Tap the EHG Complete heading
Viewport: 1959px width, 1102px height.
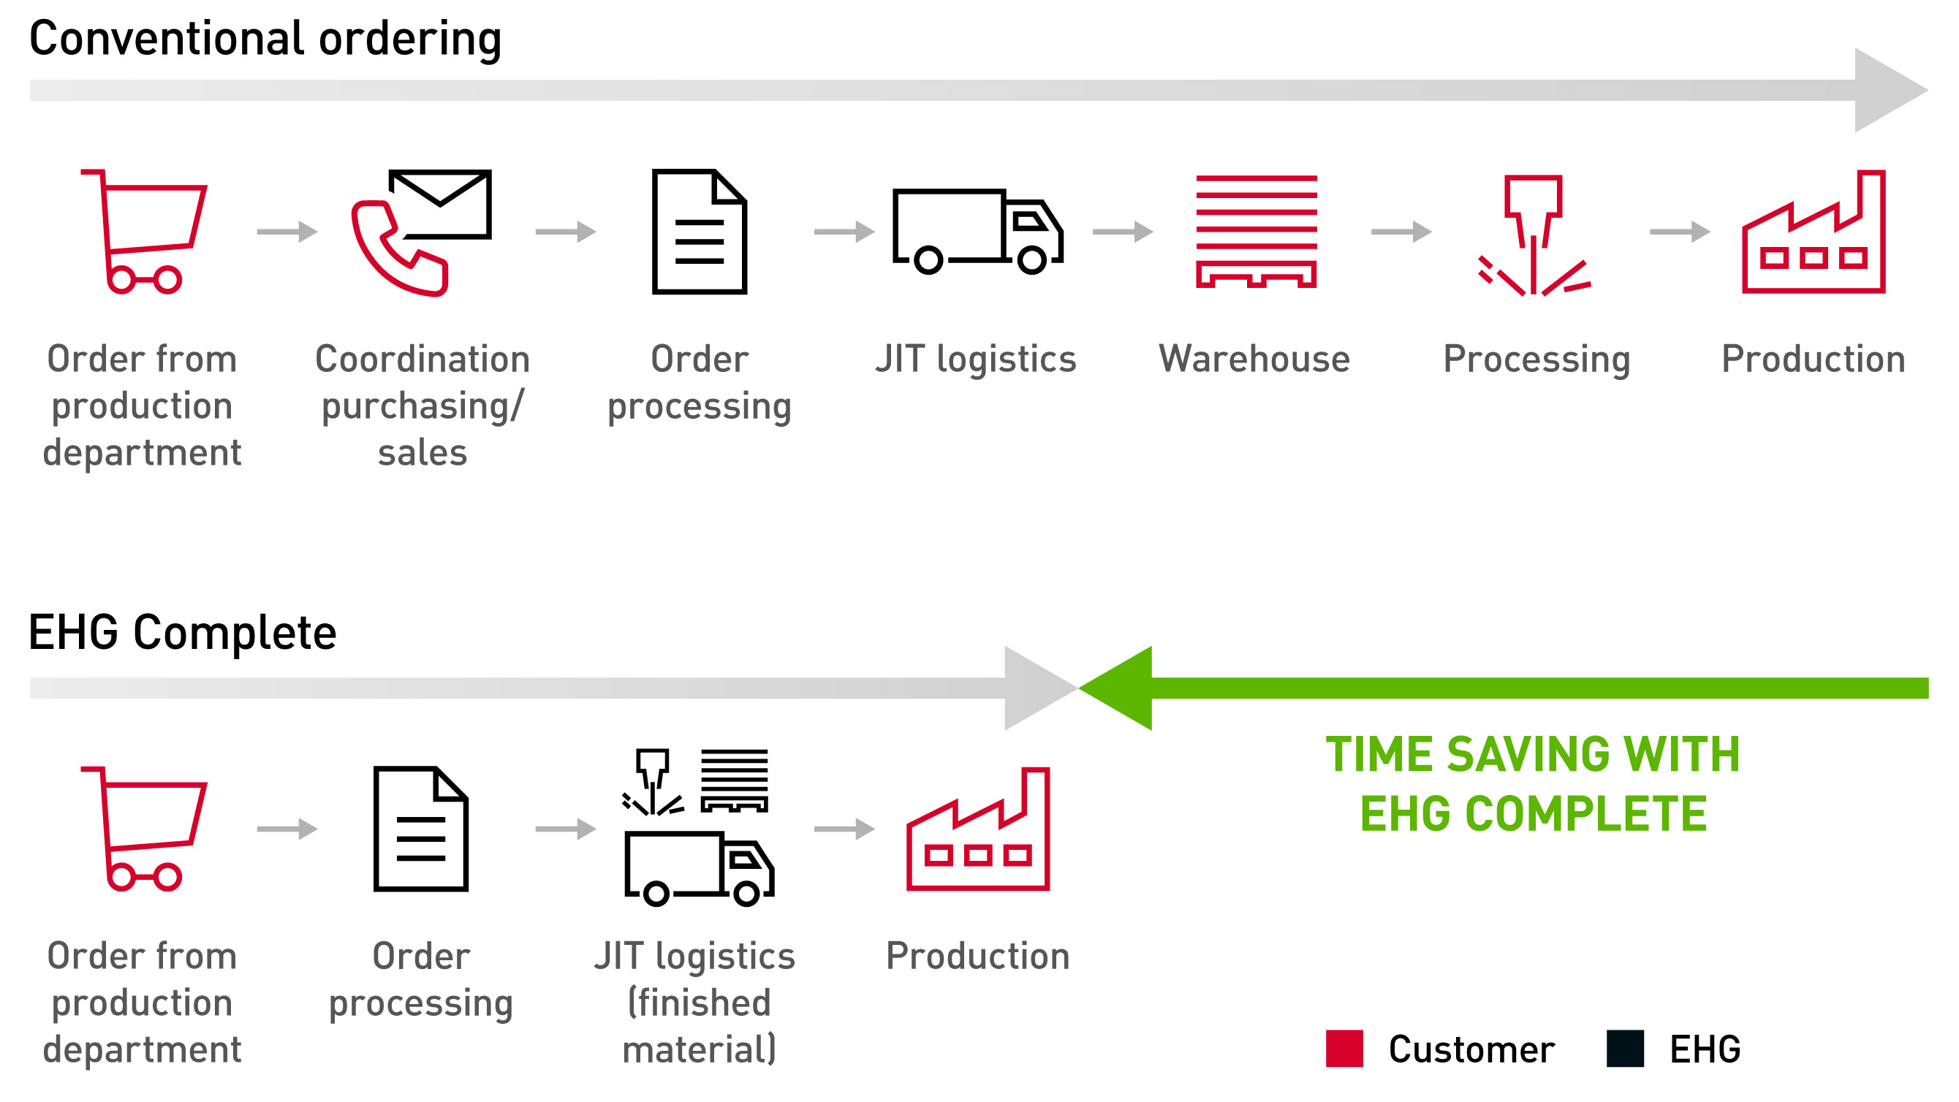tap(182, 632)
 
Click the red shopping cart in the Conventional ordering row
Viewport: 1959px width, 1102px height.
tap(145, 231)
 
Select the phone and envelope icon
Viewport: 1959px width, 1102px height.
tap(420, 231)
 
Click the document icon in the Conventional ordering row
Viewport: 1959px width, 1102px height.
tap(699, 231)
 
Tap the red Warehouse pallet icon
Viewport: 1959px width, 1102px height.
tap(1256, 231)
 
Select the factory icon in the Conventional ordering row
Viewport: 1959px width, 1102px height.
tap(1813, 232)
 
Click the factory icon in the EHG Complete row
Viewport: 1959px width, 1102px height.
tap(977, 829)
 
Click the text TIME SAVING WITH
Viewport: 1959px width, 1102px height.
tap(1532, 754)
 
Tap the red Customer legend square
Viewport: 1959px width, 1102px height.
tap(1344, 1049)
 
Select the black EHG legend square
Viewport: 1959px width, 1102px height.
tap(1624, 1049)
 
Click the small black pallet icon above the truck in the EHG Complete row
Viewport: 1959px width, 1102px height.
tap(734, 780)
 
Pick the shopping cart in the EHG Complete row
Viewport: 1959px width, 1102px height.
tap(145, 828)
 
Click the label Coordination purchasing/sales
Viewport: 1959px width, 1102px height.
tap(422, 406)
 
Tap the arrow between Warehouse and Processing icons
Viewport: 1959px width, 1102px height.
tap(1401, 231)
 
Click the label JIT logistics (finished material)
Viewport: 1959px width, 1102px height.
tap(697, 1003)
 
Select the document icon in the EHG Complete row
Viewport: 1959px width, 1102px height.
tap(420, 828)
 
